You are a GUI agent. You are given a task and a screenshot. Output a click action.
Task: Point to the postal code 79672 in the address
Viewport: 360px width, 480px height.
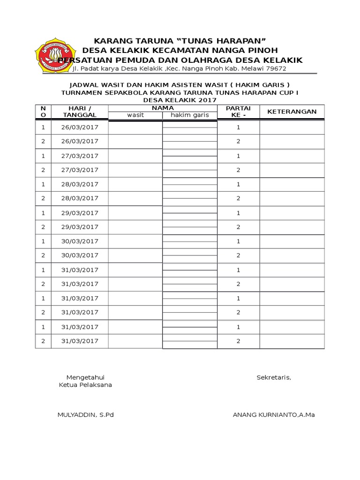coord(276,69)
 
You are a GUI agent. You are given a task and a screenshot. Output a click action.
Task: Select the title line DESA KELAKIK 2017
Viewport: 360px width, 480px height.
coord(180,100)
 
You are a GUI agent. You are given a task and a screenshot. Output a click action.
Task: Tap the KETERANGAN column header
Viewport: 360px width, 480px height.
coord(292,112)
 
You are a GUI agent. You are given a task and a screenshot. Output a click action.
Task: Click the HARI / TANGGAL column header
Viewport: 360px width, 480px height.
coord(80,112)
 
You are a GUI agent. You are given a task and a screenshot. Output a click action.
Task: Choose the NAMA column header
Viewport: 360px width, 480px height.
coord(163,108)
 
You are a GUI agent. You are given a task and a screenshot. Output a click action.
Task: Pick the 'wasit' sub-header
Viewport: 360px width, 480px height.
coord(136,115)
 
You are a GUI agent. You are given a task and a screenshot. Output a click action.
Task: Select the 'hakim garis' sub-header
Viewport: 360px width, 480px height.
coord(189,115)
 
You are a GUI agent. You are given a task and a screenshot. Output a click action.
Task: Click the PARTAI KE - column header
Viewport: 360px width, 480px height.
coord(238,112)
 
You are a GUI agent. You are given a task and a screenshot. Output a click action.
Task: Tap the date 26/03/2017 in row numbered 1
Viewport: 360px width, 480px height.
coord(80,127)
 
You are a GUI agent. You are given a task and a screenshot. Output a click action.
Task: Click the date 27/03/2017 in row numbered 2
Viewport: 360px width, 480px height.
coord(80,170)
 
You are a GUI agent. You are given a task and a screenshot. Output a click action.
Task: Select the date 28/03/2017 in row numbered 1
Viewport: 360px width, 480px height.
coord(80,184)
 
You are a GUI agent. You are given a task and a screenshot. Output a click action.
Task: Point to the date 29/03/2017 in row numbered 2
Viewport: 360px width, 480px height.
coord(80,227)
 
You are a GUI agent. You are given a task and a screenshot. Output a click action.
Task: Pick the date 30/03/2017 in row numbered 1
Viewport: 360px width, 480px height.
coord(80,241)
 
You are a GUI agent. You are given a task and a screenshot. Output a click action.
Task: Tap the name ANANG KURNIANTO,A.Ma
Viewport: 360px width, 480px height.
coord(274,415)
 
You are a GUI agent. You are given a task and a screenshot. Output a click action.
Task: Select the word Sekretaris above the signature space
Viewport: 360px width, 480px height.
coord(274,378)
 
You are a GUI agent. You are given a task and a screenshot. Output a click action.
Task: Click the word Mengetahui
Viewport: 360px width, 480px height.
coord(85,378)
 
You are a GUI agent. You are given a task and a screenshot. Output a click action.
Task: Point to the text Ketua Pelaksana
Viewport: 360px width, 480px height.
coord(85,385)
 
